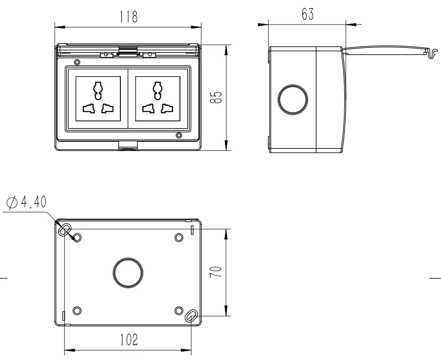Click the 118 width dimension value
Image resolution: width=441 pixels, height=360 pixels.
click(x=128, y=17)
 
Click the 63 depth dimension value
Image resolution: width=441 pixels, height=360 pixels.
click(x=307, y=15)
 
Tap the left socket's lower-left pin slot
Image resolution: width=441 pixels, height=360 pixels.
click(x=88, y=109)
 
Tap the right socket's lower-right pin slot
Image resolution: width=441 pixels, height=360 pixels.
click(x=167, y=109)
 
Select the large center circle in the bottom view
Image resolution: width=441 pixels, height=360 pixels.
click(x=128, y=272)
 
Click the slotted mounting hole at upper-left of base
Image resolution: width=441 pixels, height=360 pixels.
click(x=66, y=230)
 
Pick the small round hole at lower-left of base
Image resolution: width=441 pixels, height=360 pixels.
click(x=77, y=310)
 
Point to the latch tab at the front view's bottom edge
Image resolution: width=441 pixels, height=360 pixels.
click(x=128, y=146)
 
